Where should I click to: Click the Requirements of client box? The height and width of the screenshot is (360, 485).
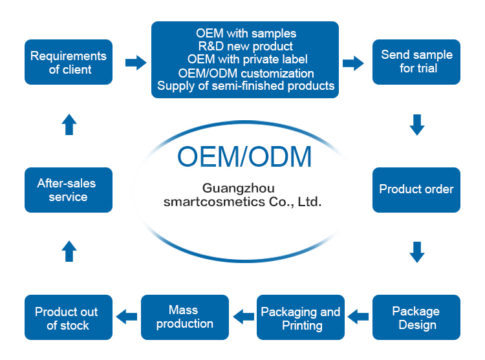point(69,62)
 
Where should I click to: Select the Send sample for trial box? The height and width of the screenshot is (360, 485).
point(416,62)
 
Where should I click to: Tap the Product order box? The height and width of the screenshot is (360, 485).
point(416,190)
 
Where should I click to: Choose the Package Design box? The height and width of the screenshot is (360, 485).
point(416,317)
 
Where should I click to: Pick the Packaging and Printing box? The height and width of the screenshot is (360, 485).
point(301,317)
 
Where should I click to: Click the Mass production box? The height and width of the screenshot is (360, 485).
point(185,317)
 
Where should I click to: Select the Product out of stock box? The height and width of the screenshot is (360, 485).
point(69,317)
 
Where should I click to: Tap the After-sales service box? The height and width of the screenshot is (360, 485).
point(69,190)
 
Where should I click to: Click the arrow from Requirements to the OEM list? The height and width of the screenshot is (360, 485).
point(135,63)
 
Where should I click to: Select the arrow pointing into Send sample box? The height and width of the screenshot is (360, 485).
point(352,63)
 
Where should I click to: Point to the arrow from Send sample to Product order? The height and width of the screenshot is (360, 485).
point(417,124)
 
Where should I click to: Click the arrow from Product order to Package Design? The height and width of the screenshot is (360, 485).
point(417,251)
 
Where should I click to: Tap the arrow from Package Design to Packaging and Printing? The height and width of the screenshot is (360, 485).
point(358,316)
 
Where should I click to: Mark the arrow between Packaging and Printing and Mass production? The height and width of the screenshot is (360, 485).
point(244,316)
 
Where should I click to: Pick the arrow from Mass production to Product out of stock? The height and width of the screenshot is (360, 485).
point(127,316)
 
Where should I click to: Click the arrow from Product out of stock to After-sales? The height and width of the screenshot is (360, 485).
point(69,251)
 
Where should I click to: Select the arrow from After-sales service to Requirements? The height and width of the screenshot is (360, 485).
point(69,124)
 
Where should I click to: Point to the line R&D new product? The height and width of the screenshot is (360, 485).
point(245,47)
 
